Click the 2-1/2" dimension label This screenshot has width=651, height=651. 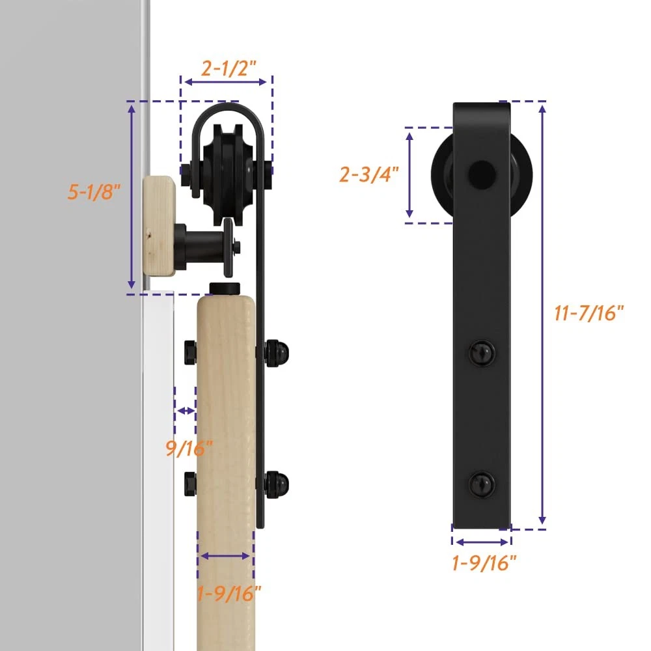click(x=229, y=68)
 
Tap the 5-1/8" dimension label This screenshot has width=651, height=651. click(x=94, y=192)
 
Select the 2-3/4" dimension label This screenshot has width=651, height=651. click(x=369, y=174)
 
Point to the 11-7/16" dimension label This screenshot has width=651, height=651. click(x=589, y=313)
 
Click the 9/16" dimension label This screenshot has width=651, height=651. click(x=189, y=448)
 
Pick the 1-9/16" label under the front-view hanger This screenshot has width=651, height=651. click(x=484, y=563)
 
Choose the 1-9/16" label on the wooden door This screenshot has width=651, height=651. click(x=229, y=594)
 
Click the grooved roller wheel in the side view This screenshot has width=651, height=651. click(x=227, y=174)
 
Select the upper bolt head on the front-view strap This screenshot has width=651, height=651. click(x=482, y=353)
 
